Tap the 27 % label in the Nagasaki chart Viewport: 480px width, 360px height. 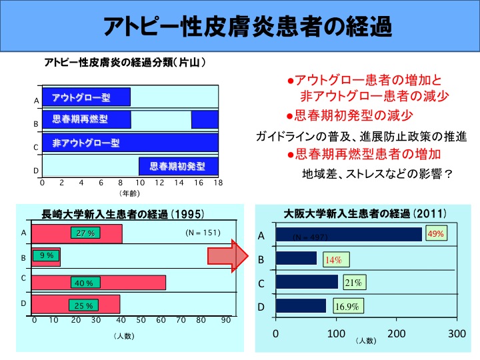pyautogui.click(x=84, y=233)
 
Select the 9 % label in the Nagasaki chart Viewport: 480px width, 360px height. pyautogui.click(x=47, y=255)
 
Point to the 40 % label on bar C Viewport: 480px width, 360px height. pyautogui.click(x=84, y=283)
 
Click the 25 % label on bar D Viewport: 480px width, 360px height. pyautogui.click(x=84, y=305)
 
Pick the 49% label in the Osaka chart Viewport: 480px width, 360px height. pyautogui.click(x=436, y=234)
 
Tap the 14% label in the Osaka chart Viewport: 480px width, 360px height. pyautogui.click(x=333, y=260)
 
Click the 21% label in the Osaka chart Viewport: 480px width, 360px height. pyautogui.click(x=353, y=283)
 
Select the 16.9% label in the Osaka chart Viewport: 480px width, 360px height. pyautogui.click(x=347, y=307)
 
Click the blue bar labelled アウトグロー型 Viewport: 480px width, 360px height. pyautogui.click(x=86, y=98)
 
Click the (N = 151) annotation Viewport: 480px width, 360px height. pyautogui.click(x=202, y=233)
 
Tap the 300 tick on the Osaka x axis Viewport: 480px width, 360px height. pyautogui.click(x=457, y=333)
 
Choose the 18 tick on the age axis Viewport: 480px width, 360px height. pyautogui.click(x=217, y=183)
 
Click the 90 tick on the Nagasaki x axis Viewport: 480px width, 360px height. pyautogui.click(x=226, y=321)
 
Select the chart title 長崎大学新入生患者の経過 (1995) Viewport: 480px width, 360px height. pyautogui.click(x=123, y=214)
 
